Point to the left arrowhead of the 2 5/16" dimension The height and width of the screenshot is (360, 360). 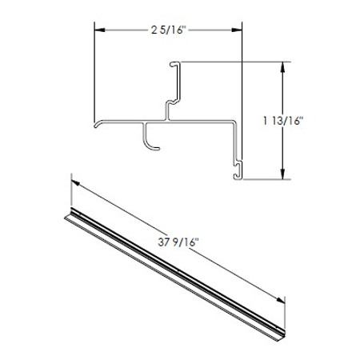point(99,31)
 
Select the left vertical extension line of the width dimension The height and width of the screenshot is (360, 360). point(95,72)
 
